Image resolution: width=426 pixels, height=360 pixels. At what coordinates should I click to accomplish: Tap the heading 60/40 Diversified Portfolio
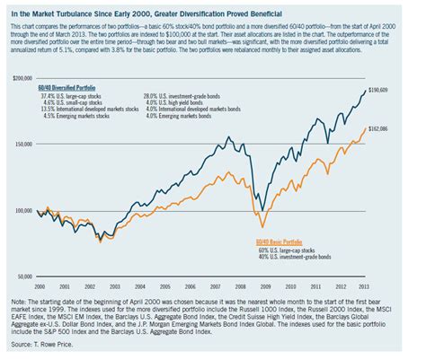pos(79,89)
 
